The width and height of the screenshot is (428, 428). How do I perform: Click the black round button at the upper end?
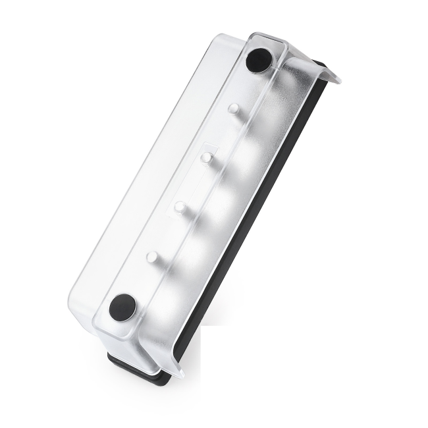pos(259,61)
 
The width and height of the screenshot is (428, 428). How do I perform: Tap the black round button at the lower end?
pos(122,307)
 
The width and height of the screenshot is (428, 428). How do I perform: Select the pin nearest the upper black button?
pos(233,109)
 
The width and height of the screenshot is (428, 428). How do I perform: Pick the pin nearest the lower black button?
pos(153,256)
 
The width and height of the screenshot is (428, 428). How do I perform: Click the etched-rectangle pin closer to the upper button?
pos(206,158)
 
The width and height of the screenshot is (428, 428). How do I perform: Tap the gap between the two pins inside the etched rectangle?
pos(192,183)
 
